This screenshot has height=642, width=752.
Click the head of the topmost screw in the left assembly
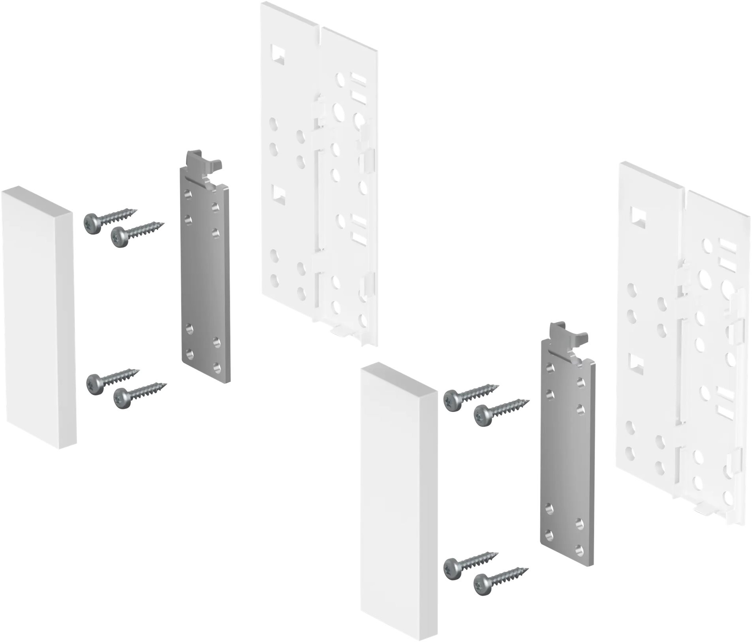[x=92, y=223]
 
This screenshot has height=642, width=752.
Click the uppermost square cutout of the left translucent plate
[x=278, y=53]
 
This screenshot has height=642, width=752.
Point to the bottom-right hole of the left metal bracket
[x=216, y=367]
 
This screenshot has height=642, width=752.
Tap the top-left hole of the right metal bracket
[x=550, y=367]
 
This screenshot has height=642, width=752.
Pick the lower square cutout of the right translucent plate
[x=636, y=363]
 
